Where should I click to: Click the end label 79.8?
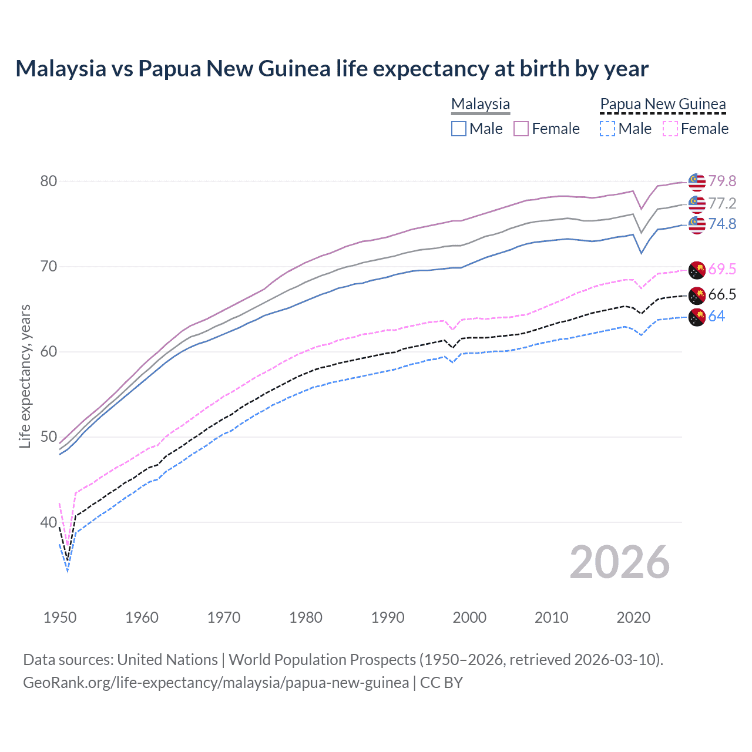click(x=722, y=181)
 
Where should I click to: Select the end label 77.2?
click(x=722, y=203)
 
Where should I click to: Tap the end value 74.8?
click(x=722, y=224)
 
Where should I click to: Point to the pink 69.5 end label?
click(x=722, y=269)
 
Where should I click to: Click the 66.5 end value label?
click(x=722, y=294)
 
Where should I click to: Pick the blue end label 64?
click(x=717, y=316)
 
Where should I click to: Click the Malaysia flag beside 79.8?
click(x=697, y=182)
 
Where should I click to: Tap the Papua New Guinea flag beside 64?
click(x=697, y=317)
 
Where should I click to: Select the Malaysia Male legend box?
click(x=459, y=129)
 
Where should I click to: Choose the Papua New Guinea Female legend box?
click(x=670, y=129)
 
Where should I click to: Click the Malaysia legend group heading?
click(x=481, y=104)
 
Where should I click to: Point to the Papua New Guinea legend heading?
click(x=663, y=104)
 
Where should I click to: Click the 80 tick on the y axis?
click(x=49, y=181)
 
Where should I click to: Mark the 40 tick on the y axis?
click(x=49, y=522)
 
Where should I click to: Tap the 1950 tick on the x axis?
click(x=60, y=617)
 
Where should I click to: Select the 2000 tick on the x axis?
click(x=469, y=617)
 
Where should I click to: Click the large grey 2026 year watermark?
click(x=620, y=562)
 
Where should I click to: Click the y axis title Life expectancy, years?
click(x=25, y=376)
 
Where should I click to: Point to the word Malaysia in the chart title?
click(x=62, y=69)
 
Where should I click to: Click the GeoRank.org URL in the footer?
click(x=216, y=682)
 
